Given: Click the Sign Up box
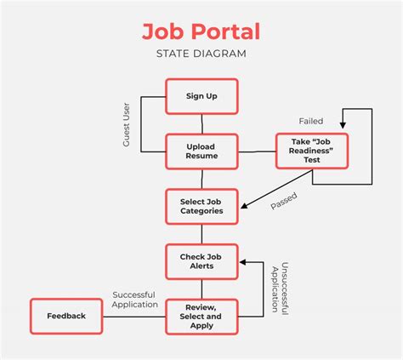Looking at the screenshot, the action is click(201, 96).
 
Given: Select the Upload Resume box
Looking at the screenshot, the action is click(201, 151).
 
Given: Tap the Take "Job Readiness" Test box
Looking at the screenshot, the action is click(312, 151).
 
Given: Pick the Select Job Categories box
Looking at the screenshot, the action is click(201, 207).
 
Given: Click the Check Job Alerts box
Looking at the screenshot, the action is click(201, 261).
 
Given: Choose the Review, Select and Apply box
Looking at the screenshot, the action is click(201, 317).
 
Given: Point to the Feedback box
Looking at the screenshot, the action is click(66, 316).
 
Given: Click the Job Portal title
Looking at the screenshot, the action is click(201, 31).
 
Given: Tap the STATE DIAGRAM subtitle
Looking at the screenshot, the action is click(201, 54).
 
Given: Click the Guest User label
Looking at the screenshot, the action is click(126, 124).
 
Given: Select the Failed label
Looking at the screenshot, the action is click(311, 121).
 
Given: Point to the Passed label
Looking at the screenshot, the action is click(284, 201).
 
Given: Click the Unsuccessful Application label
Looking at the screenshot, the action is click(280, 289).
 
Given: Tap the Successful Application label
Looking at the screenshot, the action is click(134, 300).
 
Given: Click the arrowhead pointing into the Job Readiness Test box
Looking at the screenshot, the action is click(343, 125).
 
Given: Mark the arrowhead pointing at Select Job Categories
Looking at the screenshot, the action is click(244, 205).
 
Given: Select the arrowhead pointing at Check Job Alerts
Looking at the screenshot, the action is click(243, 262).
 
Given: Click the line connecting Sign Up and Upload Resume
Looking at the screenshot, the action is click(202, 124).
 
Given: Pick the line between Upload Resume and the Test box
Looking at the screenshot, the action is click(257, 151).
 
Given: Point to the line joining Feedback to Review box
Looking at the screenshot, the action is click(134, 317).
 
